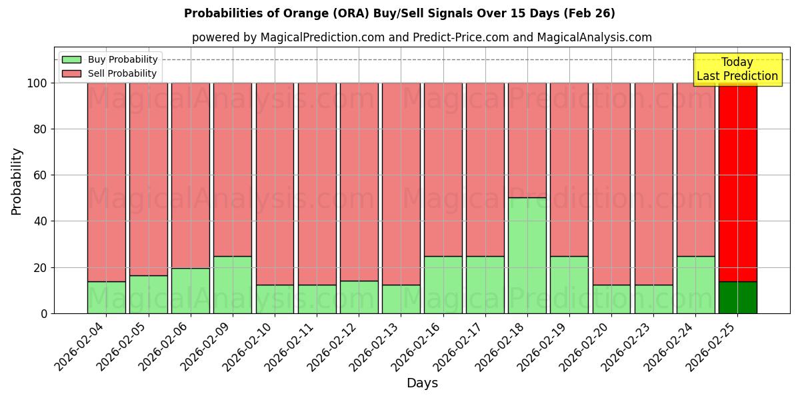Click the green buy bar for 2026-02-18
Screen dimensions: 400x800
click(x=527, y=255)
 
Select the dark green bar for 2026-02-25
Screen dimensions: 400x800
click(x=737, y=297)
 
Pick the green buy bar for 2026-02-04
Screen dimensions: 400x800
click(x=106, y=297)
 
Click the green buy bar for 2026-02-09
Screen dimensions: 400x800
click(x=233, y=285)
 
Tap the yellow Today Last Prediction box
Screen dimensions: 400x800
click(x=737, y=69)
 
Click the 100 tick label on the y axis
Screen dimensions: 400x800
click(x=37, y=83)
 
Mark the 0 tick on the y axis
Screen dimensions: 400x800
click(x=44, y=313)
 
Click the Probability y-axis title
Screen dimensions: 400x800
click(x=17, y=181)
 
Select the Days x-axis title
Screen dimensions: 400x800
click(x=422, y=383)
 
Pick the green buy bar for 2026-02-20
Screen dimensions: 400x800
click(x=611, y=299)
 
